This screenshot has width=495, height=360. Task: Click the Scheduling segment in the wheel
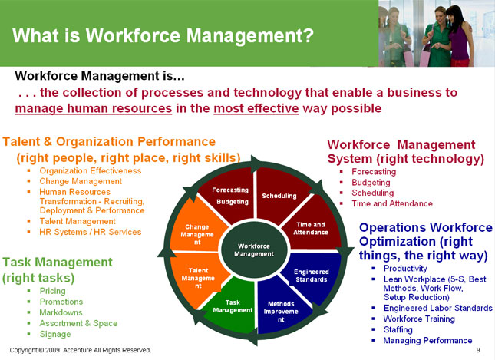coord(279,197)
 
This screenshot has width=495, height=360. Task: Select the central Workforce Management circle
coord(254,249)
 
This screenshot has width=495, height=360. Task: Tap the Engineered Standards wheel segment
coord(311,276)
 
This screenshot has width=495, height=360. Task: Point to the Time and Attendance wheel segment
coord(311,228)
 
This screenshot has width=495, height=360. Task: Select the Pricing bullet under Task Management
coord(51,291)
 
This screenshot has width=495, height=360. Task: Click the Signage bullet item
coord(54,334)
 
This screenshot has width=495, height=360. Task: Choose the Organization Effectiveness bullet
coord(90,170)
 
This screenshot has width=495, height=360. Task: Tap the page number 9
coord(477,350)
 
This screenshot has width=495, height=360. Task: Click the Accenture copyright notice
coord(81,350)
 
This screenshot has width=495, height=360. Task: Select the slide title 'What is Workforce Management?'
coord(163,35)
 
